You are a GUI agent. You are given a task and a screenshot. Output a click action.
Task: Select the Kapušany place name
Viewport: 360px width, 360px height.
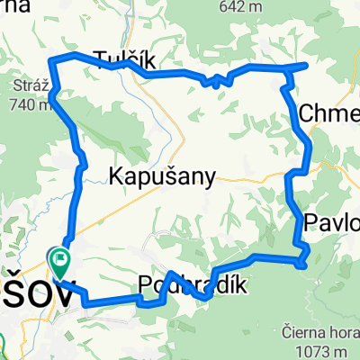[x=162, y=177]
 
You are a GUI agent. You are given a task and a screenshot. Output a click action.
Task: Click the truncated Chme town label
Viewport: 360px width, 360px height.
[x=328, y=113]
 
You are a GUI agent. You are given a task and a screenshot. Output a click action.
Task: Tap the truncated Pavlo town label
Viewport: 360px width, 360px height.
[x=332, y=222]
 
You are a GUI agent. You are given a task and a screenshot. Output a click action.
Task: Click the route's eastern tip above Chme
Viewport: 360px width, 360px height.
[x=306, y=66]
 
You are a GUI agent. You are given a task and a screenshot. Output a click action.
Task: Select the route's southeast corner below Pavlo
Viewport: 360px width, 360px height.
[x=304, y=263]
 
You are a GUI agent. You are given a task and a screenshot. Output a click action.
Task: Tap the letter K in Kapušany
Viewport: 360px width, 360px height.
[x=115, y=177]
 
